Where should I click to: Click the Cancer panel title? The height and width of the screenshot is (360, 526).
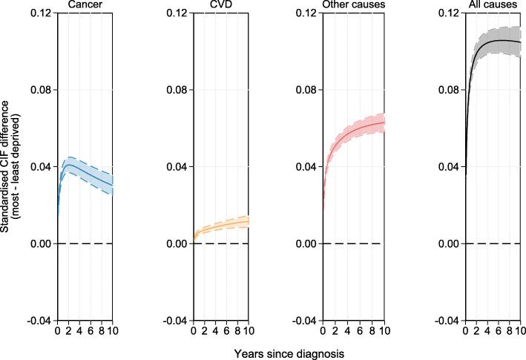point(85,6)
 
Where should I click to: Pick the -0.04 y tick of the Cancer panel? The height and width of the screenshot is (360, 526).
point(41,321)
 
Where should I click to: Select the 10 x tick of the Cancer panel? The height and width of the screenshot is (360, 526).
point(112,330)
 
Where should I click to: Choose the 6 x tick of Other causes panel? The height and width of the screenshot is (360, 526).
point(361,330)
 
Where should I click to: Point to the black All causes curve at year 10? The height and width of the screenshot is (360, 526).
point(520,42)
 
